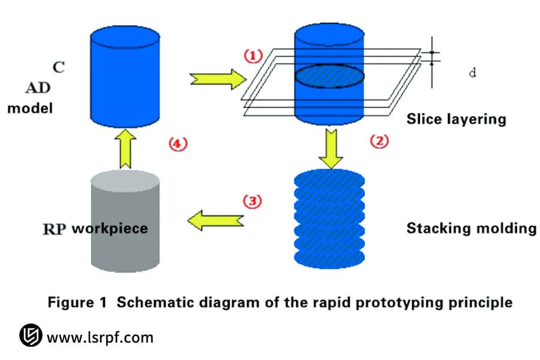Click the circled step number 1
253,55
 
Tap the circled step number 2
379,142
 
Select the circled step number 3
253,201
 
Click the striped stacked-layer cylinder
329,218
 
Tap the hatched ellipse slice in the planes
329,79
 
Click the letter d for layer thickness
472,73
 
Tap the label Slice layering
456,119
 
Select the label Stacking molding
471,229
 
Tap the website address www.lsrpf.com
100,337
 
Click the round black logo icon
29,337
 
